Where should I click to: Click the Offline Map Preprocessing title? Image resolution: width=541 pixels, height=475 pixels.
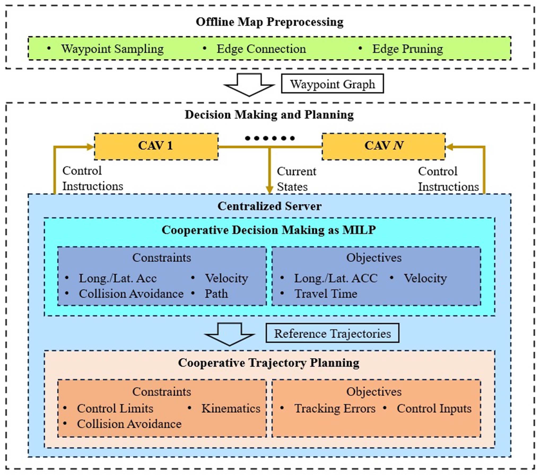(269, 22)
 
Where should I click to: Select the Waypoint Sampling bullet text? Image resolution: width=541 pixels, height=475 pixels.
(112, 49)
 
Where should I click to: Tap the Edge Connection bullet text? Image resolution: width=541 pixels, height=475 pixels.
(261, 49)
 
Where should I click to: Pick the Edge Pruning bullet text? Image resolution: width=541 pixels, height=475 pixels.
(408, 49)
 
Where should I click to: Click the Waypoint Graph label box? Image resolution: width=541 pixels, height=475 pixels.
(332, 84)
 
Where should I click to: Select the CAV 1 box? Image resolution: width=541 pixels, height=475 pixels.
(156, 146)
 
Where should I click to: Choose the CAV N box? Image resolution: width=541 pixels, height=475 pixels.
(383, 146)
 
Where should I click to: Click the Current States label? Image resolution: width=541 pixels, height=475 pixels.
(296, 179)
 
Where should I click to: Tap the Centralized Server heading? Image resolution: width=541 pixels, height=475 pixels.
(269, 206)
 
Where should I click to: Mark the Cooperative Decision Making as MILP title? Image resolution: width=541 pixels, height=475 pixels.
(269, 230)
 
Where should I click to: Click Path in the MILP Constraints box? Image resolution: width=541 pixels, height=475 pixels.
(216, 294)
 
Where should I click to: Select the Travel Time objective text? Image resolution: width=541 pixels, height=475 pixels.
(326, 294)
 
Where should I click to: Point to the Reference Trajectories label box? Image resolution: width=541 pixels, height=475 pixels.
(332, 333)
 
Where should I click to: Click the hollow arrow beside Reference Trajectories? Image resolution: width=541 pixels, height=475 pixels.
(230, 334)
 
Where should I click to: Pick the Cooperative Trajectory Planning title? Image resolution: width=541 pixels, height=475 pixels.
(269, 363)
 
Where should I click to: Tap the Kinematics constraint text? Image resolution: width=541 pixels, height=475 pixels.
(231, 409)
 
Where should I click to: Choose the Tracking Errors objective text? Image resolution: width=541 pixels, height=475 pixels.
(335, 409)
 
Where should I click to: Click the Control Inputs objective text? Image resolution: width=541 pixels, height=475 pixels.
(434, 409)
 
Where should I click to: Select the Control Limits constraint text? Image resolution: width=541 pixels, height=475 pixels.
(115, 409)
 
